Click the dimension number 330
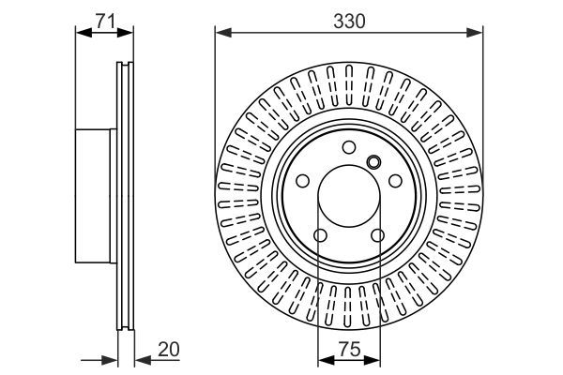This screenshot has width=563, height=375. (348, 18)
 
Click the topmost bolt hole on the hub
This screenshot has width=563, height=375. (348, 147)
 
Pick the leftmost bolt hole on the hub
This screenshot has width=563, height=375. (302, 182)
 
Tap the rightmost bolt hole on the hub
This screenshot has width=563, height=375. (394, 182)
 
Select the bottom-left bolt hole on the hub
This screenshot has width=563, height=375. (319, 235)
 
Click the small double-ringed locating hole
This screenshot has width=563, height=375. (373, 160)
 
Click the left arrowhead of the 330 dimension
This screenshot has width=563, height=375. (221, 34)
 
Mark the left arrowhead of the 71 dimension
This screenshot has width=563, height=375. (81, 34)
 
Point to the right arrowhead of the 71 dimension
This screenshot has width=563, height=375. (129, 34)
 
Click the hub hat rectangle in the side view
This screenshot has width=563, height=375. (94, 197)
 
